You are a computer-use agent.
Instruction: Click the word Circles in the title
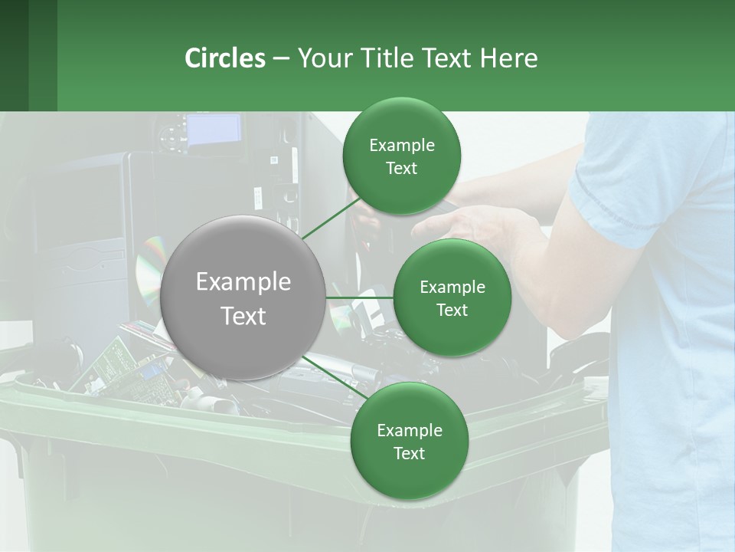[x=225, y=58]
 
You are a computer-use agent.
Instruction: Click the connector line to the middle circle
[x=360, y=297]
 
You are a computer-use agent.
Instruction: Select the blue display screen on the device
[x=214, y=130]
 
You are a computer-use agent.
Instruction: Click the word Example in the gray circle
[x=243, y=282]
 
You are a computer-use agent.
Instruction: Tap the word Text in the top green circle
[x=401, y=169]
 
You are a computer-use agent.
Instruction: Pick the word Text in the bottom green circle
[x=409, y=453]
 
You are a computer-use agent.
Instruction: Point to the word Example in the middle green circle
[x=452, y=287]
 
